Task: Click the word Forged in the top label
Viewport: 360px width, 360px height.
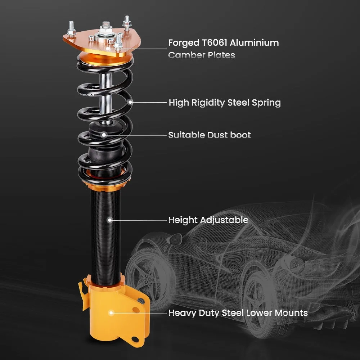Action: (x=183, y=43)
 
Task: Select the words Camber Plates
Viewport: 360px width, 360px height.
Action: (x=202, y=55)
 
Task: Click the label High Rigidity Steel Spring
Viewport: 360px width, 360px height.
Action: (x=225, y=103)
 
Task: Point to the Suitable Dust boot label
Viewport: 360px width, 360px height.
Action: (x=210, y=135)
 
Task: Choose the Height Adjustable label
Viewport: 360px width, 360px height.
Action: (x=208, y=220)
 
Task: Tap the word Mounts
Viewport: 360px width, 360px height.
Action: (x=291, y=312)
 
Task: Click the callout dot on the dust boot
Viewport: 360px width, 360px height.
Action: (x=104, y=135)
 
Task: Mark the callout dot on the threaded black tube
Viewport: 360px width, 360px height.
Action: (x=109, y=220)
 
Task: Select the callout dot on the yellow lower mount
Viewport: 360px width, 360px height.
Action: (x=111, y=313)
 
